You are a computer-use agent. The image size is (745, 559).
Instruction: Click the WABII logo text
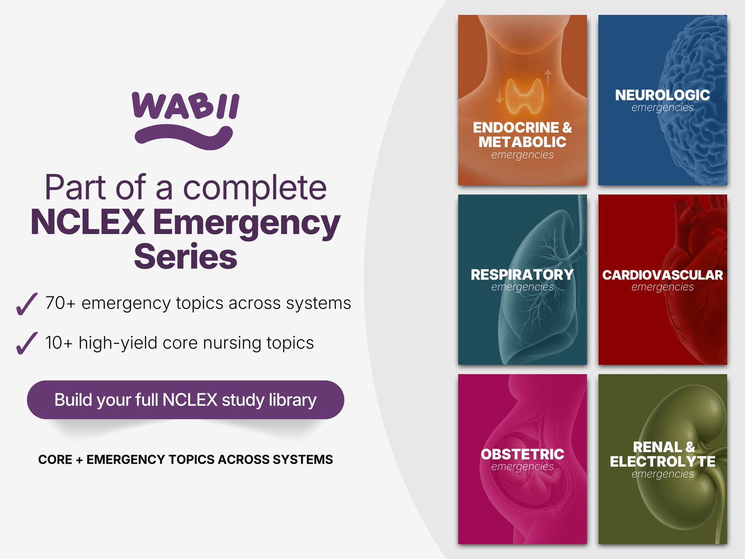tap(186, 106)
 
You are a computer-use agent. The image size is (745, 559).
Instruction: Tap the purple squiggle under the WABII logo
tap(184, 138)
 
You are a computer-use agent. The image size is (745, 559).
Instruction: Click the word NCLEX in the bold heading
tap(88, 222)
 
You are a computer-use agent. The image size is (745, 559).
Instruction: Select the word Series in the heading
tap(186, 256)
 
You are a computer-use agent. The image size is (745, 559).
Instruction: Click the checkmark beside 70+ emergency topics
tap(27, 304)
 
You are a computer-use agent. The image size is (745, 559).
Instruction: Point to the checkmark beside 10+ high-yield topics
tap(27, 343)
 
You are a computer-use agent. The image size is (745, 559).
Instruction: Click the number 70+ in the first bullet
tap(60, 303)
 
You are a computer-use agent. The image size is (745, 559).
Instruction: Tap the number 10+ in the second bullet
tap(59, 342)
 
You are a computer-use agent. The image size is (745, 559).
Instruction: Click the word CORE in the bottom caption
tap(55, 459)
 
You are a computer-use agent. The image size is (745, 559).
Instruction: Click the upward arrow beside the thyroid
tap(548, 81)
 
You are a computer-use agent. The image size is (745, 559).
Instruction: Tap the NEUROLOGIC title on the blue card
tap(663, 95)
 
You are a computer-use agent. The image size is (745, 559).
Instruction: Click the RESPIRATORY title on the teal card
tap(522, 275)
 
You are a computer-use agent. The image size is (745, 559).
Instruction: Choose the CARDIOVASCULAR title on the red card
tap(663, 275)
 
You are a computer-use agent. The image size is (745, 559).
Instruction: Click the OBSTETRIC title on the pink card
tap(522, 454)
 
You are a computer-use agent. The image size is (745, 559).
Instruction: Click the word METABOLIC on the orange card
tap(522, 142)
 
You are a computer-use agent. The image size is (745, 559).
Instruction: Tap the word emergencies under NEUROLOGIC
tap(663, 108)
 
